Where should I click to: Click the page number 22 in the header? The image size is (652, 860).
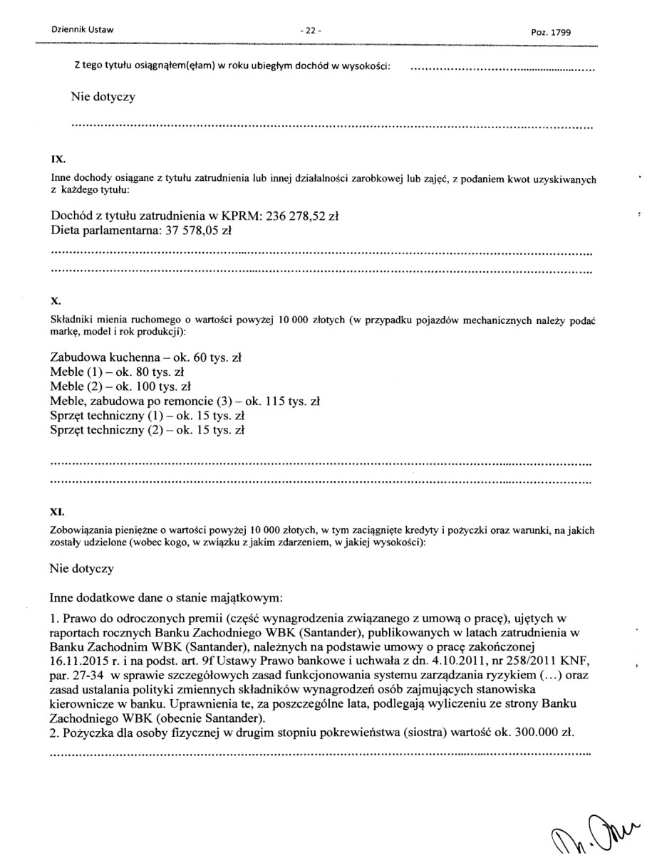click(311, 31)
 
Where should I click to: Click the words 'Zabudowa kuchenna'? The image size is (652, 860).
click(98, 356)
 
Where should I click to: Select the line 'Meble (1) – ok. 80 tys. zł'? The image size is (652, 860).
click(118, 371)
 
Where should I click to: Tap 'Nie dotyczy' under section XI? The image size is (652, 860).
click(82, 569)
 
